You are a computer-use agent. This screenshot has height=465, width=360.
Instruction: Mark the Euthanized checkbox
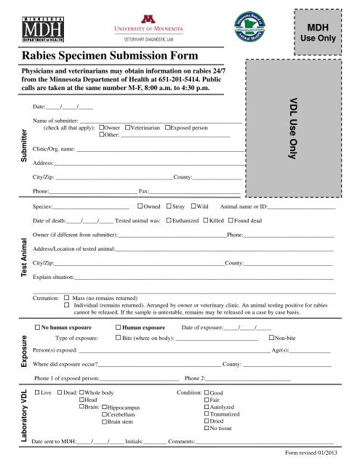pyautogui.click(x=169, y=220)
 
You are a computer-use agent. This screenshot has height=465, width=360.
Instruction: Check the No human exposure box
pyautogui.click(x=39, y=328)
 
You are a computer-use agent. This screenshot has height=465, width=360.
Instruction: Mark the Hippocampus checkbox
pyautogui.click(x=104, y=408)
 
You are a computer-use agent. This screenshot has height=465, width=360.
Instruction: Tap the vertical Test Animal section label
pyautogui.click(x=25, y=259)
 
